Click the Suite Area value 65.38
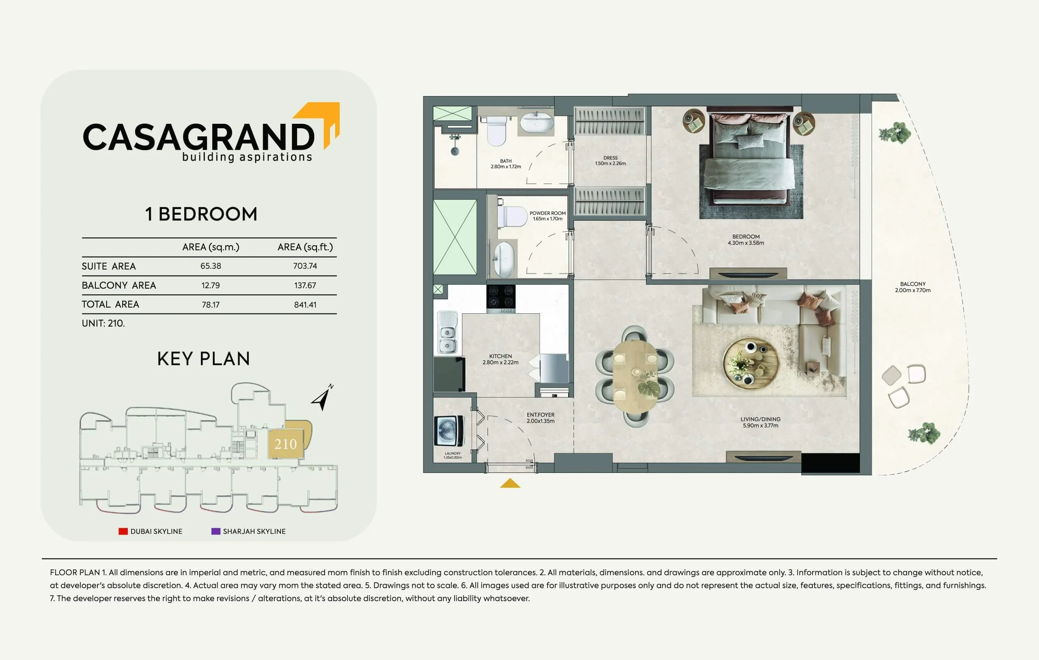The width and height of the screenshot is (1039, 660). (x=211, y=266)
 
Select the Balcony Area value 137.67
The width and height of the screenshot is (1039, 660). (x=305, y=285)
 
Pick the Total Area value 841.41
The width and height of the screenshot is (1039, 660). (x=305, y=304)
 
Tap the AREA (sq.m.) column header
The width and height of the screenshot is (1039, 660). (x=211, y=247)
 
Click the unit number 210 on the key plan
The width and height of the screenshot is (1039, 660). (x=286, y=444)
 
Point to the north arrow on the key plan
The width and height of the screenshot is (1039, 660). (x=322, y=397)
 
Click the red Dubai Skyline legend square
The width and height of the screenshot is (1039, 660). (x=123, y=531)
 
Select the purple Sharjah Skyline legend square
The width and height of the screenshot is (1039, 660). (x=216, y=531)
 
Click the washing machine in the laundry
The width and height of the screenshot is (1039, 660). (x=451, y=431)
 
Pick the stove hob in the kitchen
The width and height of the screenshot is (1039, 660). (x=500, y=298)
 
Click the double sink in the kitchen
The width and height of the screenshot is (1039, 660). (x=447, y=333)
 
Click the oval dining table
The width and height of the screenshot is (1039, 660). (x=635, y=375)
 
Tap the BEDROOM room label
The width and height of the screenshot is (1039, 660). (x=746, y=237)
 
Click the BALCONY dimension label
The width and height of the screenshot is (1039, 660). (x=913, y=290)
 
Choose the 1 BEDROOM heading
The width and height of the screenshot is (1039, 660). (x=201, y=214)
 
